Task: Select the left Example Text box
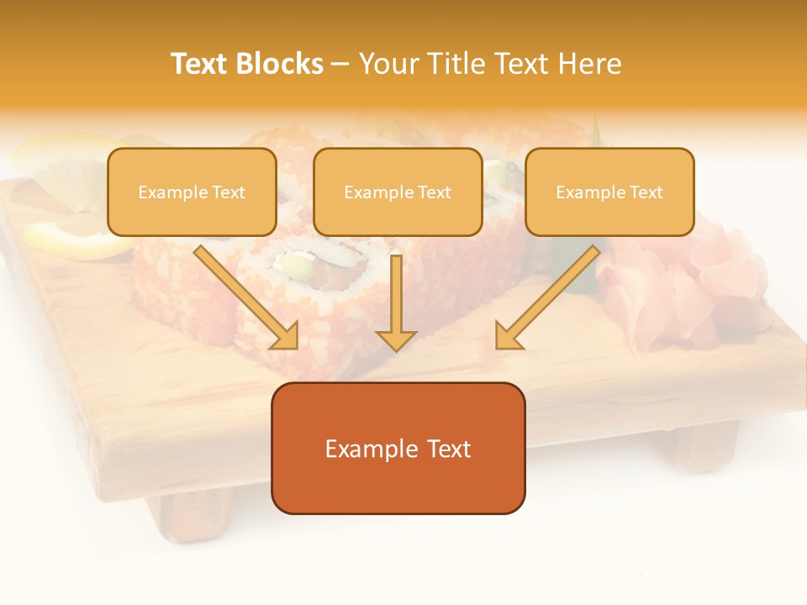(x=192, y=192)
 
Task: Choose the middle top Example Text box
(x=398, y=192)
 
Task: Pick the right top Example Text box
(x=609, y=192)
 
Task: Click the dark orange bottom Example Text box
(x=398, y=449)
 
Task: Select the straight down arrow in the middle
(x=396, y=294)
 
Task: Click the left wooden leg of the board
(x=193, y=512)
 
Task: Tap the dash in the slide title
(x=340, y=65)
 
